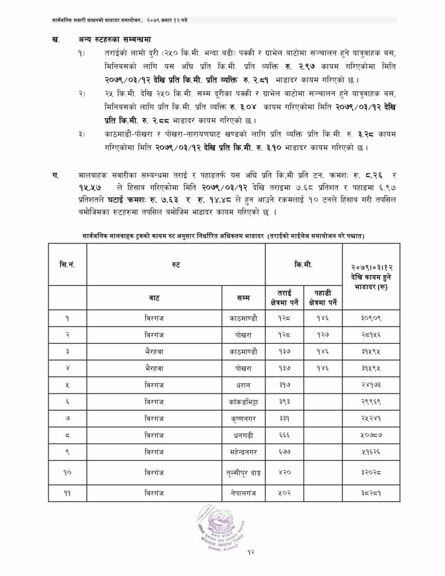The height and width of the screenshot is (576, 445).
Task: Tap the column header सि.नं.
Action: pyautogui.click(x=67, y=264)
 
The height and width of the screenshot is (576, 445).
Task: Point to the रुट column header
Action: pyautogui.click(x=176, y=264)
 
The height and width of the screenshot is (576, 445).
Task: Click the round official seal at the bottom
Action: pyautogui.click(x=218, y=526)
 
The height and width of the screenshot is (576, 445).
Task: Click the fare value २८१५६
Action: pyautogui.click(x=371, y=334)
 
